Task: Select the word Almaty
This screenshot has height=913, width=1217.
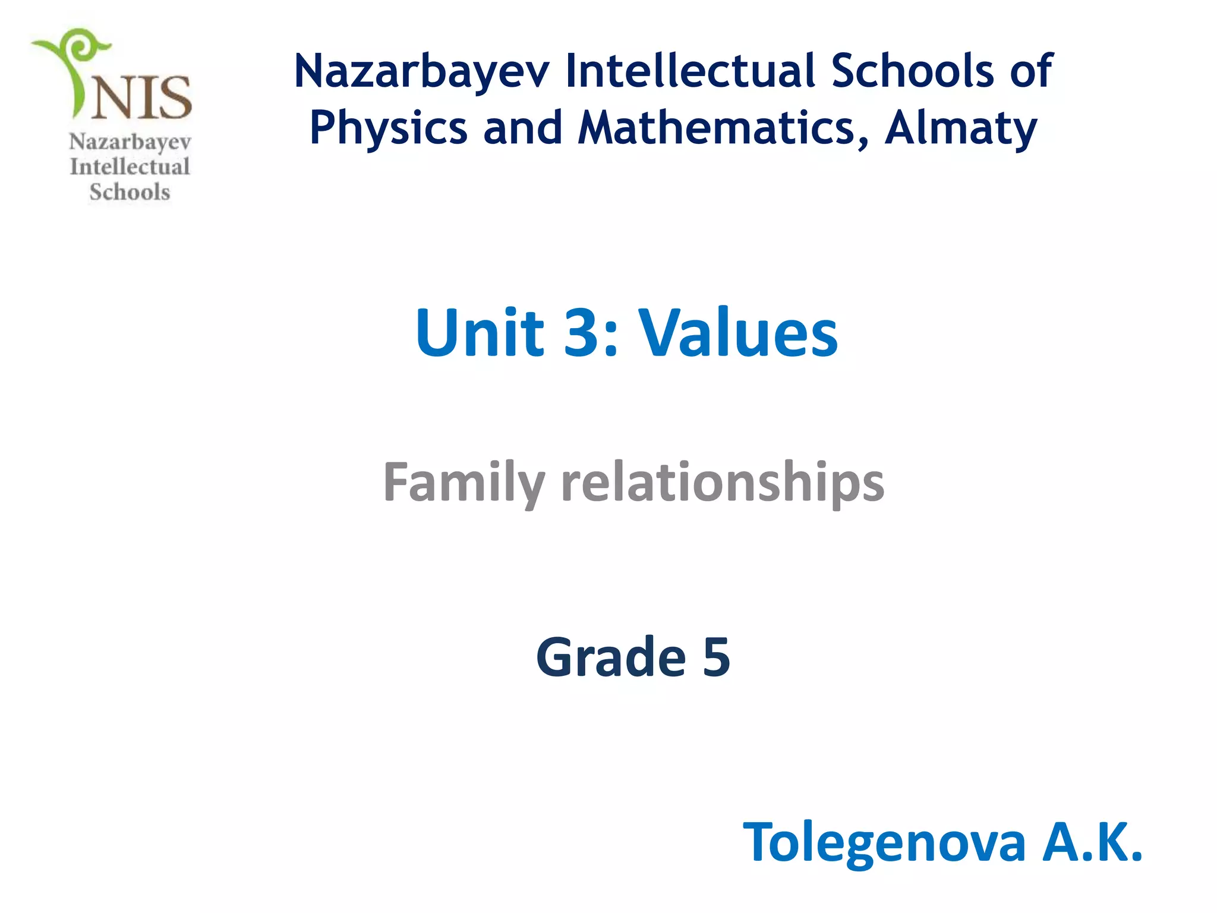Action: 960,128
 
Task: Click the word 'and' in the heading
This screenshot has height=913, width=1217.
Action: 523,128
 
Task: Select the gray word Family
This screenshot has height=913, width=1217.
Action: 464,483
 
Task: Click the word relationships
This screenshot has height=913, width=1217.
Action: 723,483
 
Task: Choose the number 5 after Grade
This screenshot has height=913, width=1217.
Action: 716,657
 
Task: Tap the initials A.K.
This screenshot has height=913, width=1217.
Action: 1092,842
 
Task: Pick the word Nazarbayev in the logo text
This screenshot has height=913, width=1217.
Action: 130,142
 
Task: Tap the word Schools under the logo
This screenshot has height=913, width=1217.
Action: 130,192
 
